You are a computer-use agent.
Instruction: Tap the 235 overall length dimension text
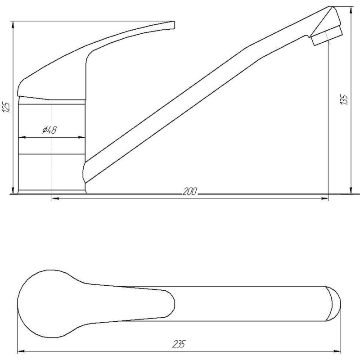(178, 345)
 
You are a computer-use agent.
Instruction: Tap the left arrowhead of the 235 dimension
(21, 351)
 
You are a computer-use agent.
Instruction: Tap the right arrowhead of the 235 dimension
(339, 351)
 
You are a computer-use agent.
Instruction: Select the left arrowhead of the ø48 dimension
(21, 136)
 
